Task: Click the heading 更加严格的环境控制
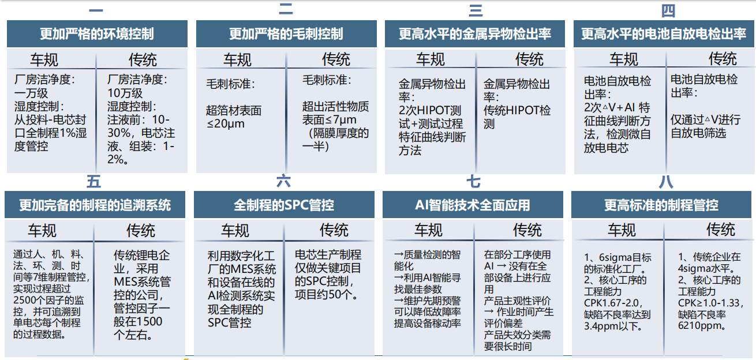click(x=97, y=33)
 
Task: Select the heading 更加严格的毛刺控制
click(x=286, y=33)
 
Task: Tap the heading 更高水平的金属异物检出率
click(x=475, y=33)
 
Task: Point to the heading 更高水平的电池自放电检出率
click(x=664, y=33)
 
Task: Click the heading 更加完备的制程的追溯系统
click(x=95, y=205)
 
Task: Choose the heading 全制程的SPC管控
click(x=284, y=205)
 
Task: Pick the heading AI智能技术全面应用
click(x=473, y=205)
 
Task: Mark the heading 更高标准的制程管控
click(x=661, y=205)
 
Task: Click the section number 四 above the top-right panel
click(x=668, y=10)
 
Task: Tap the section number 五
click(x=93, y=182)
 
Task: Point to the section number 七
click(x=474, y=182)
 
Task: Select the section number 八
click(x=666, y=182)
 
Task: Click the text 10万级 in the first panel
click(x=125, y=93)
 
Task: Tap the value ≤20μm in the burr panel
click(x=226, y=123)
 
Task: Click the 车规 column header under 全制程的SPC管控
click(x=235, y=230)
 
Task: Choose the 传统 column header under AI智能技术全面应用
click(x=527, y=230)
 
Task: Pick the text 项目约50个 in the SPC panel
click(x=323, y=295)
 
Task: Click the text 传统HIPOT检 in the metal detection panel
click(x=517, y=110)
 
